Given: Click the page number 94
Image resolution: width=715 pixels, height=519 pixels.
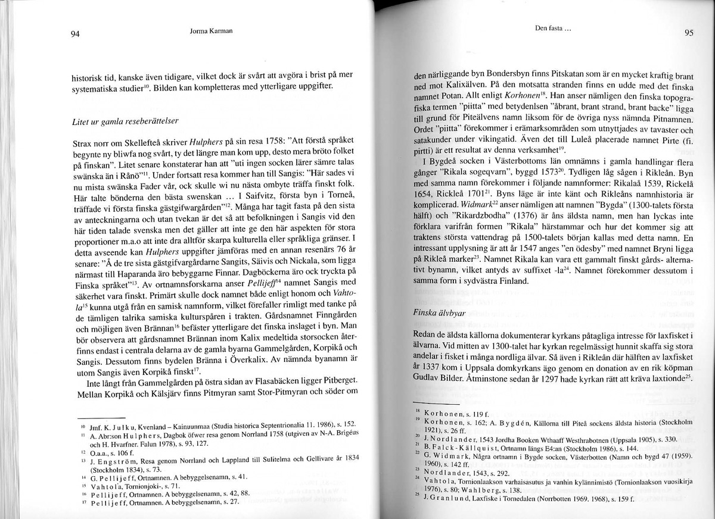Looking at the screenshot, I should (75, 34).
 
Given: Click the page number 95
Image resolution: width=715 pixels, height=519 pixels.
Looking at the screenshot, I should (688, 33).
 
